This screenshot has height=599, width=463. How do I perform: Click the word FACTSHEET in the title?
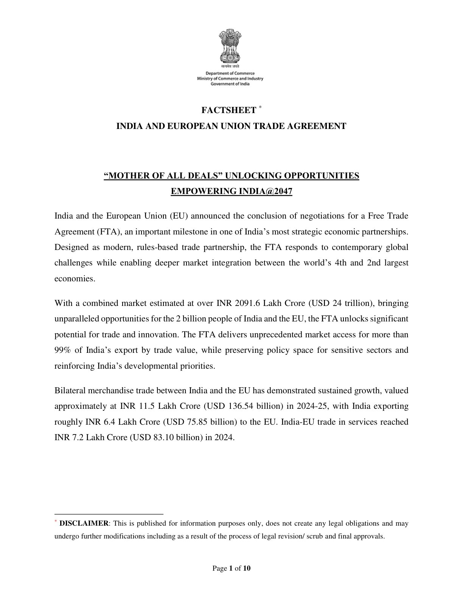[228, 110]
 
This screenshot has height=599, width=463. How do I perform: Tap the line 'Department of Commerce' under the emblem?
[230, 73]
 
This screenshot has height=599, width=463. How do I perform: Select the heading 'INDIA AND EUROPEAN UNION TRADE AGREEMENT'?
[231, 126]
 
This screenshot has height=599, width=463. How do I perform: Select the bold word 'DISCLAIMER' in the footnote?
[84, 524]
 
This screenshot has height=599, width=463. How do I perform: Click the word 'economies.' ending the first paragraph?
[74, 278]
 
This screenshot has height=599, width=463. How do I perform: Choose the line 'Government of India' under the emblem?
[230, 84]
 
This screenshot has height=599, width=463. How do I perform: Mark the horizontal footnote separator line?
[109, 514]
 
